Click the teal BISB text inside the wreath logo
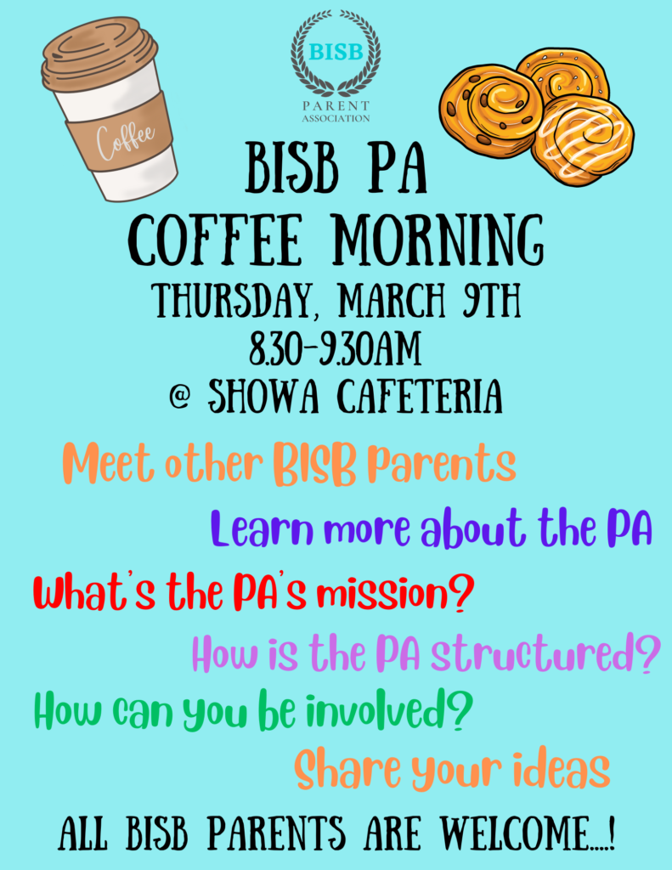coord(336,52)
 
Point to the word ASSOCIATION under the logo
coord(336,118)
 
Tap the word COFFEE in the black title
coord(217,240)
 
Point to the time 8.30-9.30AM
coord(335,349)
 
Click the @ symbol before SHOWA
coord(180,397)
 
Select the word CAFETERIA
coord(420,396)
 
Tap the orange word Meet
coord(108,463)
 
